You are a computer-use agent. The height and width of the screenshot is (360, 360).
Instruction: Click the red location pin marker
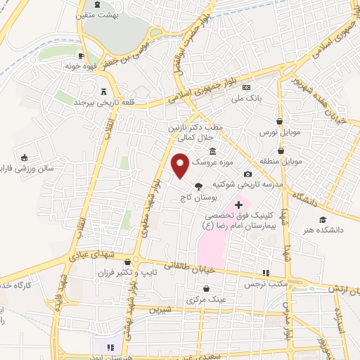[181, 165]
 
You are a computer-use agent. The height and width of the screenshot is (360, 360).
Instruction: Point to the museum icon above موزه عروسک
[213, 151]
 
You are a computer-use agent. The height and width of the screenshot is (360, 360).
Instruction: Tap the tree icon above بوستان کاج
[198, 186]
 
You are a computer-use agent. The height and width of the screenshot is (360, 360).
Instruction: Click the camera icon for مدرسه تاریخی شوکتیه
[247, 174]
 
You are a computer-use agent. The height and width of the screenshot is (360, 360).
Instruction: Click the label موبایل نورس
[281, 132]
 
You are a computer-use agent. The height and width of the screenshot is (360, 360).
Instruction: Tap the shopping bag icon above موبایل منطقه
[281, 150]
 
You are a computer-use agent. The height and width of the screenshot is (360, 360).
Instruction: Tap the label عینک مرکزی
[206, 299]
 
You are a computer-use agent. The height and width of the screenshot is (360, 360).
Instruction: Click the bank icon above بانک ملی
[247, 87]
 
